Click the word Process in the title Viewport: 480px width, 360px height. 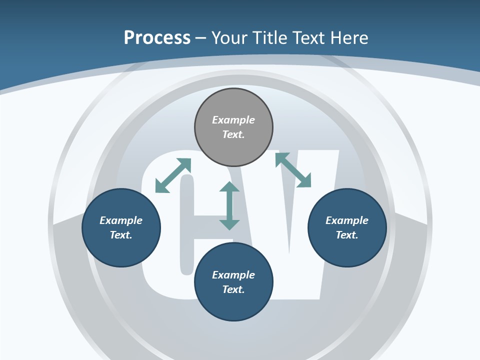tap(157, 38)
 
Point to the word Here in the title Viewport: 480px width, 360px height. tap(349, 38)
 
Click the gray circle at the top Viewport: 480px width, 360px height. tap(233, 127)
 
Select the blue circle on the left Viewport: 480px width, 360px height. tap(121, 228)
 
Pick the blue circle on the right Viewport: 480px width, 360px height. tap(347, 228)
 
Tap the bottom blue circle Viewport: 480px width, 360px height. tap(233, 282)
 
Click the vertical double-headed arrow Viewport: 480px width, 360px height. tap(229, 205)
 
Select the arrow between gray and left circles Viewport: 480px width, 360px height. tap(173, 175)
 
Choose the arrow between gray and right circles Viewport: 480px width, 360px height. tap(293, 169)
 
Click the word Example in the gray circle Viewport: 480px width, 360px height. tap(233, 119)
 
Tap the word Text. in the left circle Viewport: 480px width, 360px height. tap(121, 235)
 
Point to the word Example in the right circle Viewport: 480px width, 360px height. tap(347, 220)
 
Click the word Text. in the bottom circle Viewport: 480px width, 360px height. tap(233, 289)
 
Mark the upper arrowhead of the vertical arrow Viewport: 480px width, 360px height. tap(229, 186)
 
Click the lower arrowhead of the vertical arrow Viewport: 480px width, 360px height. tap(229, 225)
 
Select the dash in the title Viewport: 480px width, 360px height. tap(201, 38)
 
